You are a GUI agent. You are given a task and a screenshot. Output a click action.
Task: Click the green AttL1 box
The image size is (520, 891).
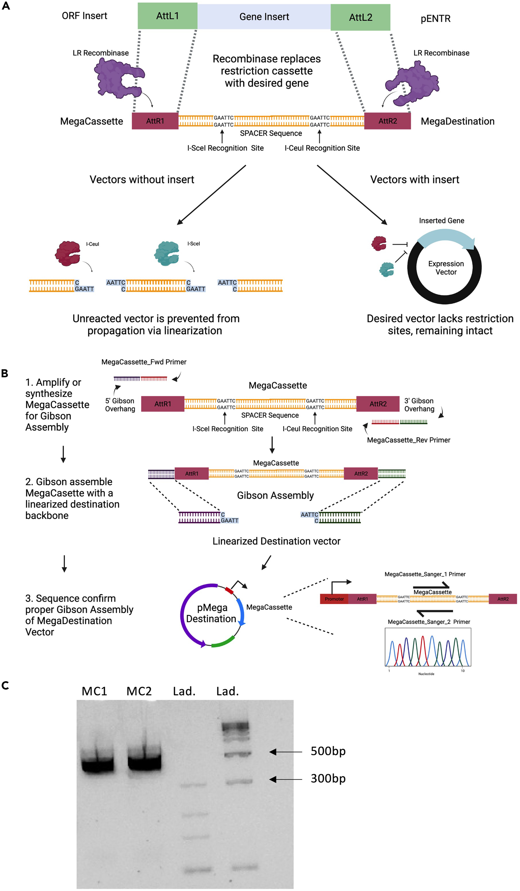pyautogui.click(x=167, y=16)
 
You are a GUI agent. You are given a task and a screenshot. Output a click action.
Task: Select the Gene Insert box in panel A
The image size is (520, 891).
pyautogui.click(x=264, y=17)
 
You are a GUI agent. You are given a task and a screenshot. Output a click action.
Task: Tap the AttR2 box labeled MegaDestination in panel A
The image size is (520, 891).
pyautogui.click(x=387, y=121)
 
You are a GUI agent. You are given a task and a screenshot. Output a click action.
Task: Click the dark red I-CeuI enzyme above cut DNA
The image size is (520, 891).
pyautogui.click(x=67, y=253)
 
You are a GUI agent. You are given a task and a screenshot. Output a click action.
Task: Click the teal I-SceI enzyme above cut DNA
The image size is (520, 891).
pyautogui.click(x=167, y=253)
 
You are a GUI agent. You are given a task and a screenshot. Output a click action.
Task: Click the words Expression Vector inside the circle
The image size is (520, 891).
pyautogui.click(x=446, y=268)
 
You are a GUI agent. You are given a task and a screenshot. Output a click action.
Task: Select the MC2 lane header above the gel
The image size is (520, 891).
pyautogui.click(x=139, y=691)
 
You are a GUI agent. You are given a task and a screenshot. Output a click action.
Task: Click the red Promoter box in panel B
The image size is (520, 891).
pyautogui.click(x=334, y=599)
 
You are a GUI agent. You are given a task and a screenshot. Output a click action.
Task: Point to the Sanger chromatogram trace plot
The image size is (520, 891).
pyautogui.click(x=428, y=647)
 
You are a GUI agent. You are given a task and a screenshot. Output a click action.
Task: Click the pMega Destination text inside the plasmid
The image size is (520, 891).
pyautogui.click(x=211, y=613)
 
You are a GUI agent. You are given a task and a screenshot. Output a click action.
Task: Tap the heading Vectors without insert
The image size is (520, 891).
pyautogui.click(x=142, y=180)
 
